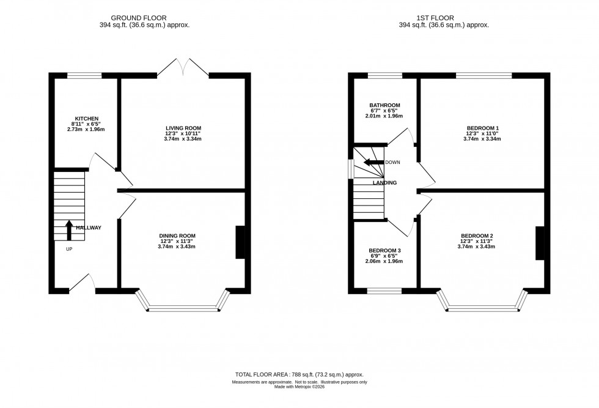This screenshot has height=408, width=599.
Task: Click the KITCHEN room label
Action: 87,118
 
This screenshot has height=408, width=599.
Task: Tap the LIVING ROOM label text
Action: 183,128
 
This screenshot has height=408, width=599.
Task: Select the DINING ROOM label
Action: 177,236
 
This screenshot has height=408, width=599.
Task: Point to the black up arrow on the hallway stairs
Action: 68,229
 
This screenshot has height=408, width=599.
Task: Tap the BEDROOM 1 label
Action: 482,128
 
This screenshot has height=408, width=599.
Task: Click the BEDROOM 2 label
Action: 477,236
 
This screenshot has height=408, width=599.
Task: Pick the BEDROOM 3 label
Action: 384,250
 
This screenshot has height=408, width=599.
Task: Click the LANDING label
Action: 385,182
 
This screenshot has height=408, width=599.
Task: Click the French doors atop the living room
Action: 183,66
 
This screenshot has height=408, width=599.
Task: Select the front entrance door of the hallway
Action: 81,283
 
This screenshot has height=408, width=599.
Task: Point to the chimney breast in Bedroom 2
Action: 540,243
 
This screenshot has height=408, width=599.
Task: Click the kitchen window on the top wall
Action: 84,75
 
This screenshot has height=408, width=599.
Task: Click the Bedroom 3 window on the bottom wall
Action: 384,290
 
